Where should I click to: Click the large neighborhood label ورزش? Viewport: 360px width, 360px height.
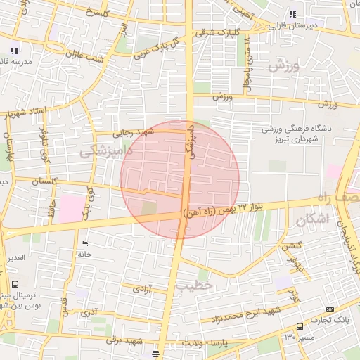[285, 67]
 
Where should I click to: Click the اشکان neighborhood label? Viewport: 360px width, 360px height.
[313, 219]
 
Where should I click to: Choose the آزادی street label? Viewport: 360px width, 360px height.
[141, 288]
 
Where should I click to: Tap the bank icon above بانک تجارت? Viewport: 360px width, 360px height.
[330, 309]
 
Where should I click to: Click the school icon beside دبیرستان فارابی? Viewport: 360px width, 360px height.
[292, 13]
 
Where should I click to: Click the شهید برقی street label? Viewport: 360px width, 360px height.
[127, 340]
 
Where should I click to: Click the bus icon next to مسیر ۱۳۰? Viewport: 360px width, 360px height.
[300, 327]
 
